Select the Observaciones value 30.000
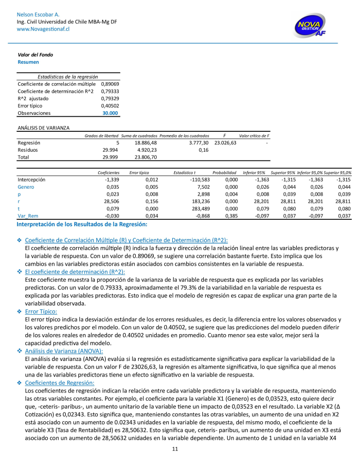[x=110, y=113]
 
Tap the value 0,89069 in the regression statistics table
[x=110, y=84]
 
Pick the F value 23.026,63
[x=225, y=143]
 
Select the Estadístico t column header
[x=184, y=173]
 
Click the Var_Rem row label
[x=28, y=216]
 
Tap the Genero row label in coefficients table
[x=26, y=187]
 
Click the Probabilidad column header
[x=224, y=173]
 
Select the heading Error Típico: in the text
[x=41, y=311]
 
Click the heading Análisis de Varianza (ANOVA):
[x=64, y=351]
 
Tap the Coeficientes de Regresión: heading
[x=59, y=383]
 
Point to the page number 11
[x=175, y=449]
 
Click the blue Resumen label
[x=28, y=62]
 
